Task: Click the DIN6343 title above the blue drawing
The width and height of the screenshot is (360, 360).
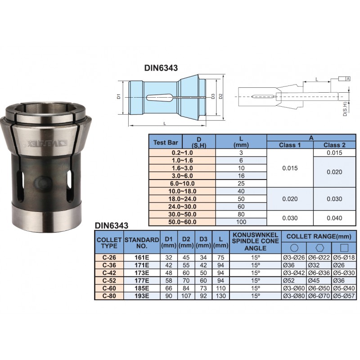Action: click(161, 68)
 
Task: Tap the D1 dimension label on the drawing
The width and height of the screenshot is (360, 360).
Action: click(119, 96)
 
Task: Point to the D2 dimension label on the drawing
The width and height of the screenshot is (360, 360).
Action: click(220, 96)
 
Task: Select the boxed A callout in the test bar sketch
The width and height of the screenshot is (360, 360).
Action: click(348, 79)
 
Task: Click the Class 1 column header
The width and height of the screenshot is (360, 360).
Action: click(290, 145)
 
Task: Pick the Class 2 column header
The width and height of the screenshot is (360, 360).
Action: click(334, 145)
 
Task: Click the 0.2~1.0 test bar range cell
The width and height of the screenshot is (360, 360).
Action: click(182, 153)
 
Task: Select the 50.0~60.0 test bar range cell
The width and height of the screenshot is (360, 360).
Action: click(182, 222)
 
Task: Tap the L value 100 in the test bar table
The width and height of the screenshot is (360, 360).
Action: click(241, 222)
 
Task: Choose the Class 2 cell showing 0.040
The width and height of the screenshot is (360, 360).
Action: click(334, 218)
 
